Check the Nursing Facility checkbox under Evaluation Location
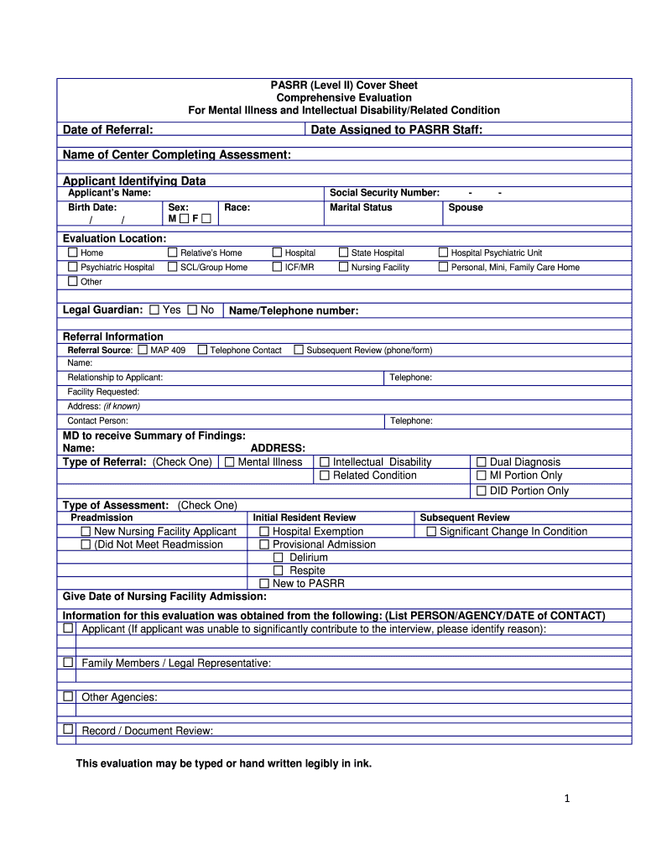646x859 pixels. point(343,268)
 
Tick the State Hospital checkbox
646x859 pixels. point(343,252)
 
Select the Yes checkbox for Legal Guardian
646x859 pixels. point(154,310)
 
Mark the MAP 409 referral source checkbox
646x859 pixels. point(143,350)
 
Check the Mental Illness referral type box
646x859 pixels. point(229,462)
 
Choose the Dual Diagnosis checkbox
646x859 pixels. point(482,462)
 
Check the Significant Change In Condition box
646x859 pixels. point(431,532)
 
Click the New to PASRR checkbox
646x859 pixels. point(264,583)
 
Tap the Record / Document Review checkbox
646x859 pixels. point(67,730)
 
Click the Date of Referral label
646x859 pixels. point(107,130)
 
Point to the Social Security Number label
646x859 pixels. point(384,193)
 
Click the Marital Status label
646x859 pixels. point(361,207)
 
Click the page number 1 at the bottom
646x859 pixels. point(567,799)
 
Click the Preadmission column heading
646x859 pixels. point(102,518)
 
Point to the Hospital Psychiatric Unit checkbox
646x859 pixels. point(444,252)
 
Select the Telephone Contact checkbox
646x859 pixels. point(202,350)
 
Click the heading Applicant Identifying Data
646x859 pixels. point(134,181)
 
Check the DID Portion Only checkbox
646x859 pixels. point(482,491)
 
